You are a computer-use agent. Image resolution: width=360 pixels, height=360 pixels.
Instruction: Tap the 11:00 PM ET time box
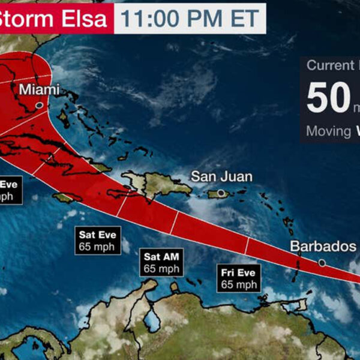click(190, 19)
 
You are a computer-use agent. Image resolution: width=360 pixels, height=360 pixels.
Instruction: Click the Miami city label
click(40, 89)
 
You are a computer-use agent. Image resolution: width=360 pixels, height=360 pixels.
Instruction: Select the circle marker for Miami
click(39, 105)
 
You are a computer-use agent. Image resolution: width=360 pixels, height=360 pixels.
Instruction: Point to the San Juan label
click(221, 176)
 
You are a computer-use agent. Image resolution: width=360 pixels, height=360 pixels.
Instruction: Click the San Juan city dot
click(221, 193)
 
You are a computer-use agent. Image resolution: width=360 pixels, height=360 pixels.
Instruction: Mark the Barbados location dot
click(322, 263)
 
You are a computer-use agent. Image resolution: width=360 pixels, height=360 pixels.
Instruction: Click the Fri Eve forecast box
click(239, 279)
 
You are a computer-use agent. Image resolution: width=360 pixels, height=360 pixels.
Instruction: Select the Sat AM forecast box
click(161, 263)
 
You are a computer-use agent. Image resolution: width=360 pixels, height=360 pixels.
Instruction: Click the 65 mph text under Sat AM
click(161, 269)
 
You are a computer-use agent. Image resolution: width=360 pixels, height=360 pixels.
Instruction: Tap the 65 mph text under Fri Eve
click(239, 284)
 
